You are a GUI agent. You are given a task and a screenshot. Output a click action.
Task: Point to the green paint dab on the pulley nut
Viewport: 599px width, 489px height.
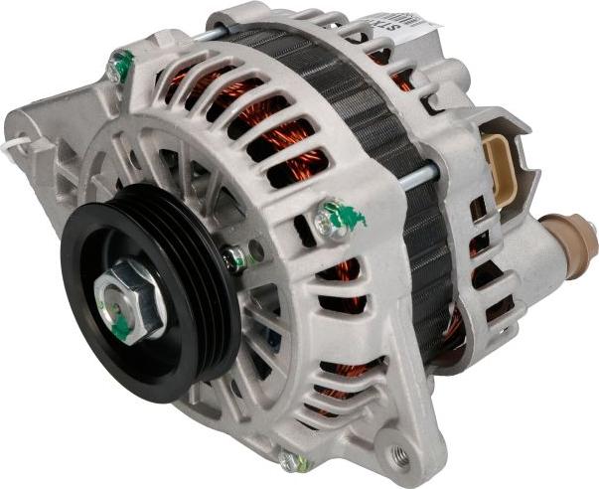[120, 324]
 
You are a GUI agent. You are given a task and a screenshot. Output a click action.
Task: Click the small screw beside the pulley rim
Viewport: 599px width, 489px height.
[234, 259]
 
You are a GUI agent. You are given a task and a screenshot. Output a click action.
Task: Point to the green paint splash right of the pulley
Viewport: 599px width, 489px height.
[350, 215]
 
